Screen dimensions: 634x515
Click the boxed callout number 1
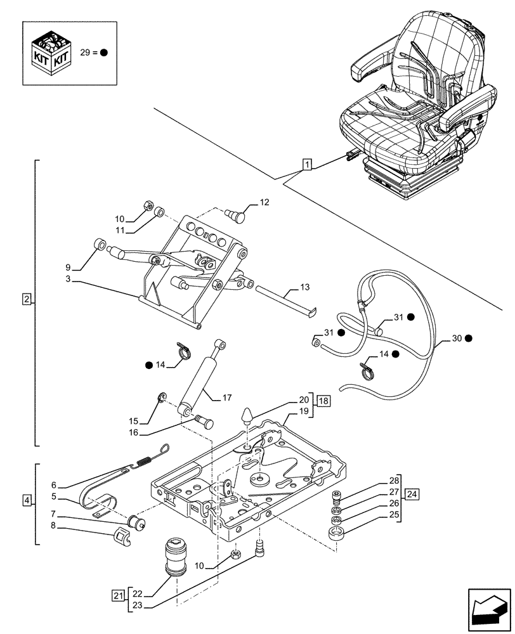(x=307, y=166)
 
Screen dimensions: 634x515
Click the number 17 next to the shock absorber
(x=226, y=398)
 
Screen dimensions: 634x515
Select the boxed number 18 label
(x=324, y=401)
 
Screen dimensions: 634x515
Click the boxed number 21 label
(x=117, y=595)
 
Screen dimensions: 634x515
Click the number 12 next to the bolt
(x=264, y=203)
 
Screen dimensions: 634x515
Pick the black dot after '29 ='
(x=103, y=53)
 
